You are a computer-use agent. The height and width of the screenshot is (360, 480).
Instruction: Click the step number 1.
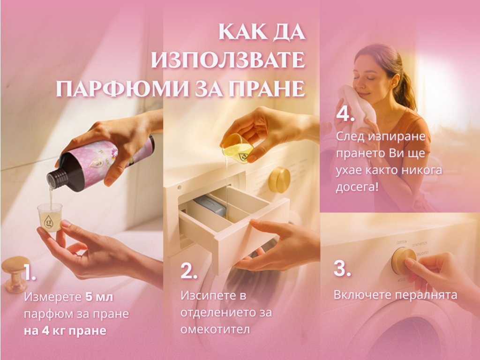pyautogui.click(x=30, y=272)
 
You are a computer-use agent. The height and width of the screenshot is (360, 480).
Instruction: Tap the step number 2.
pyautogui.click(x=188, y=270)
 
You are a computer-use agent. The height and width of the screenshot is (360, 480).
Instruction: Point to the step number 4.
pyautogui.click(x=345, y=114)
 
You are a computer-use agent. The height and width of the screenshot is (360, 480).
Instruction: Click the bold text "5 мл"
pyautogui.click(x=99, y=297)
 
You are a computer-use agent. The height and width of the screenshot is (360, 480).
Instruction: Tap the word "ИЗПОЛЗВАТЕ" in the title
pyautogui.click(x=228, y=60)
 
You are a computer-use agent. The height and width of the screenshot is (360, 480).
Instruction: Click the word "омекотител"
pyautogui.click(x=215, y=330)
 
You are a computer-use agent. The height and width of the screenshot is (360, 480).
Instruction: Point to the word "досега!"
pyautogui.click(x=357, y=187)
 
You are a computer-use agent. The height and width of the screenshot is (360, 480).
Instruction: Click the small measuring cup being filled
pyautogui.click(x=49, y=217)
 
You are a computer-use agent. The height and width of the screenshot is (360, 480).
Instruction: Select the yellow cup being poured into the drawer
pyautogui.click(x=238, y=148)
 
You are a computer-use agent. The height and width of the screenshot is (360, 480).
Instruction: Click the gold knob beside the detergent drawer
pyautogui.click(x=279, y=180)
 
